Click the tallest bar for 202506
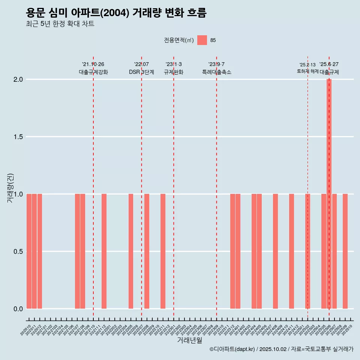329,194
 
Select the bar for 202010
29,251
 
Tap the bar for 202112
104,251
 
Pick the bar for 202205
131,251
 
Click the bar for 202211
163,251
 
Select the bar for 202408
275,251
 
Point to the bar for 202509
345,251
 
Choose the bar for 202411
291,251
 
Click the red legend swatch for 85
202,40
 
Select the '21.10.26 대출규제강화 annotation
93,68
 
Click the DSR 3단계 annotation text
141,72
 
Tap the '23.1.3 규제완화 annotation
174,68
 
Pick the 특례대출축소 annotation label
216,72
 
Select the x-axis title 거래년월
189,340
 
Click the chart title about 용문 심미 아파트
116,13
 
